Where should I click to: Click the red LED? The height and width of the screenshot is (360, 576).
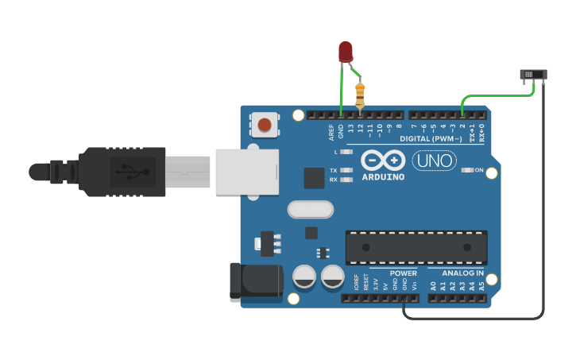345,52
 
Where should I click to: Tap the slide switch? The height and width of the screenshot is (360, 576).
533,75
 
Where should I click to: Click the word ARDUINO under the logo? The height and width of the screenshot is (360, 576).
383,176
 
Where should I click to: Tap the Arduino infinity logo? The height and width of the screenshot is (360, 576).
383,160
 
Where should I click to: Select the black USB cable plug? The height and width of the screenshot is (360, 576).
119,172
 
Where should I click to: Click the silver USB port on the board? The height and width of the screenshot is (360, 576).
246,172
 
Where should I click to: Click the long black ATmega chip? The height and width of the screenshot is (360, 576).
416,247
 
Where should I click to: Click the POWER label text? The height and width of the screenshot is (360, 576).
404,273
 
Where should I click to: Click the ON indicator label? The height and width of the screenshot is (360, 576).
478,170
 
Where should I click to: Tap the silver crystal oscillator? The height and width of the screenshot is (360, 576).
309,210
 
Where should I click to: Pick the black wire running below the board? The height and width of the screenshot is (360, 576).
477,318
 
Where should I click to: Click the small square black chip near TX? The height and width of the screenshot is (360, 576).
314,177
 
